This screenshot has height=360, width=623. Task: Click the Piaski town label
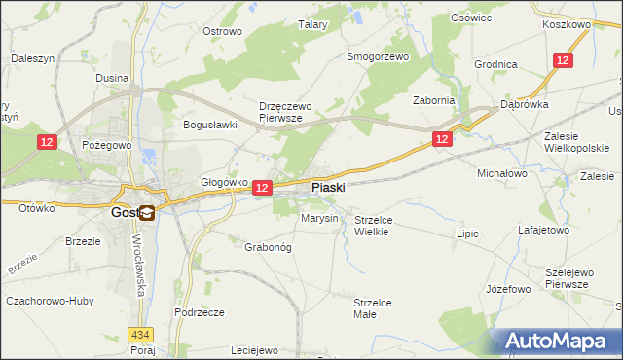click(327, 187)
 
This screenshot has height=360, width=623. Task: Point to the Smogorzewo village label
click(378, 56)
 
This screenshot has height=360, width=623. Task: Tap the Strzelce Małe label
click(372, 308)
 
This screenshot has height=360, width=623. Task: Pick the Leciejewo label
click(255, 350)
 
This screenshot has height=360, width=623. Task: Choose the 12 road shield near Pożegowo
click(47, 142)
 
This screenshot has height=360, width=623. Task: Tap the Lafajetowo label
click(542, 231)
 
